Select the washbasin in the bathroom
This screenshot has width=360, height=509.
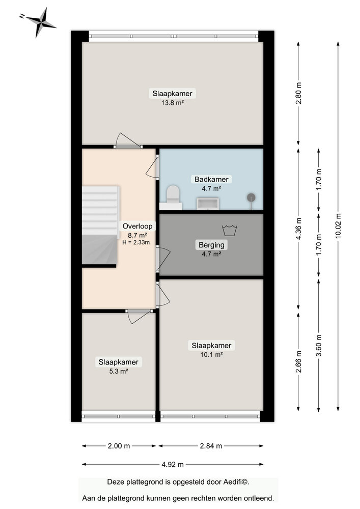tap(208, 204)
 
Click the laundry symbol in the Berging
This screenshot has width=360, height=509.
tap(230, 231)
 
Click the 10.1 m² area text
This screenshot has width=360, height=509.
tap(211, 355)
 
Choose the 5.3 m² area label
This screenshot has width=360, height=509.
tap(118, 371)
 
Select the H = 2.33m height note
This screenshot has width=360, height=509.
tap(136, 243)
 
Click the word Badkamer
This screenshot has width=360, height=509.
tap(212, 179)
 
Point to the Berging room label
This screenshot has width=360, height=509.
tap(211, 245)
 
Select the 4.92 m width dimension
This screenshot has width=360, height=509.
tap(173, 464)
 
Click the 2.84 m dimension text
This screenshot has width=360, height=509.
tap(210, 446)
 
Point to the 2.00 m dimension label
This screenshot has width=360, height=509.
tap(119, 446)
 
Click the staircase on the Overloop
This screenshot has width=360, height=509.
tap(100, 224)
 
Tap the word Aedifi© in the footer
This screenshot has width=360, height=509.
tap(236, 482)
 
